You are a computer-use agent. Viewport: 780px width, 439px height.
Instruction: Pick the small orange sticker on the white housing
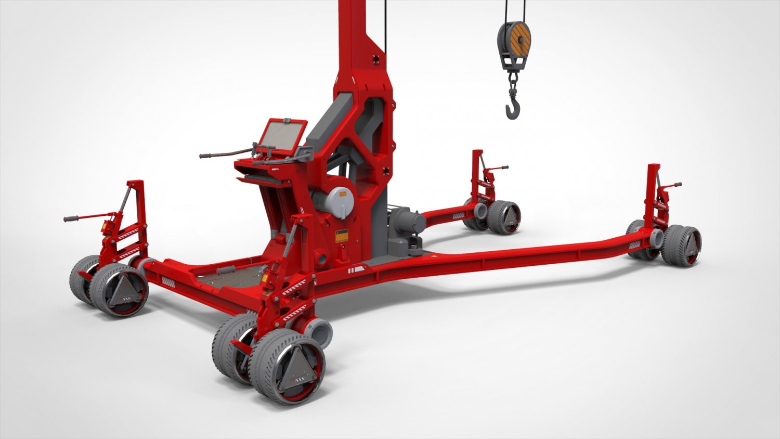point(343,194)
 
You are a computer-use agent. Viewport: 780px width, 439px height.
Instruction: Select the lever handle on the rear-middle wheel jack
point(502,167)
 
